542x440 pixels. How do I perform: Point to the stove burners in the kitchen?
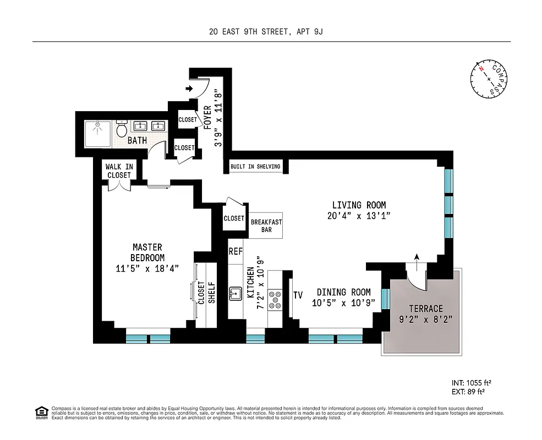(x=274, y=300)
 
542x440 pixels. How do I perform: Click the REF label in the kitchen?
(x=236, y=252)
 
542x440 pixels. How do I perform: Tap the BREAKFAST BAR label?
(x=266, y=226)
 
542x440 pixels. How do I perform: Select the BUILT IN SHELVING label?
(x=255, y=167)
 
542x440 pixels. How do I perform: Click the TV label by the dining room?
(x=298, y=295)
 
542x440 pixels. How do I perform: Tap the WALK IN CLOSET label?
(x=119, y=171)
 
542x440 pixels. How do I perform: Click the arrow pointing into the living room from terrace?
(x=417, y=258)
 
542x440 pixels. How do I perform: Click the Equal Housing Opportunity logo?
(x=41, y=412)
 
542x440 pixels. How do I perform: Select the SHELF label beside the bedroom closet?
(x=211, y=293)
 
